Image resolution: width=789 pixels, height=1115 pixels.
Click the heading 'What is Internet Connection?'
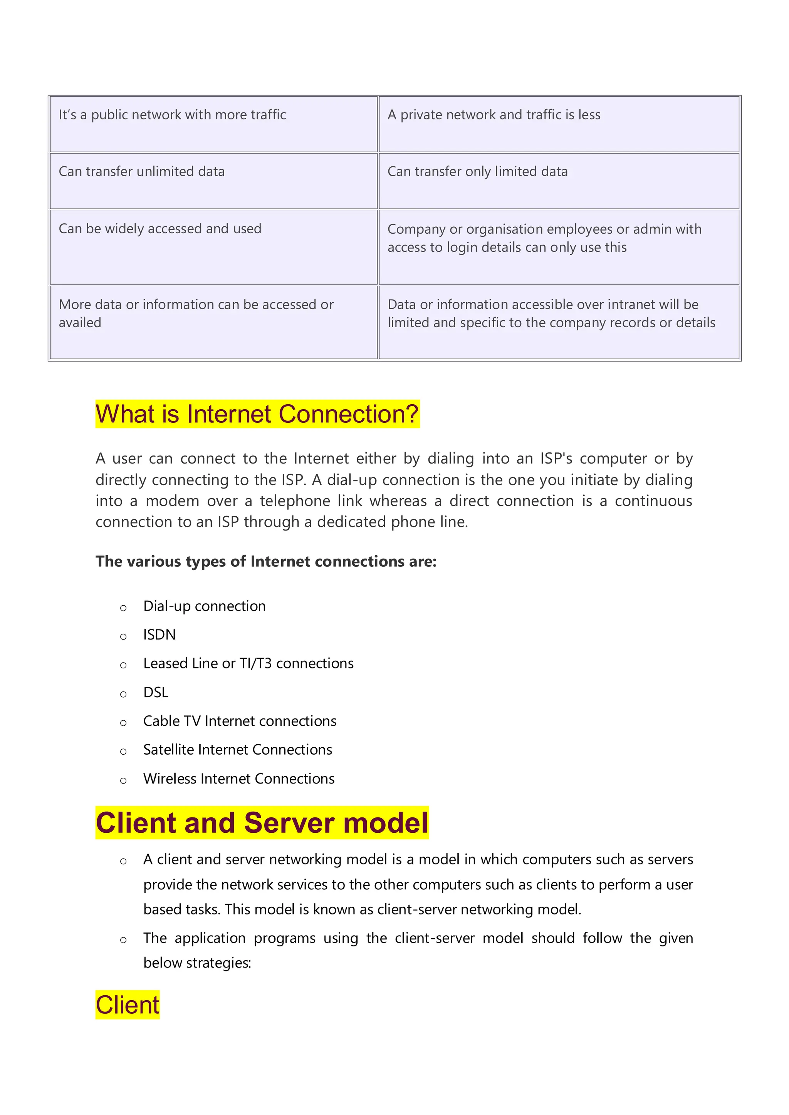click(257, 414)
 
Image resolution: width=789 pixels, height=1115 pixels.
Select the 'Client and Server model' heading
click(262, 823)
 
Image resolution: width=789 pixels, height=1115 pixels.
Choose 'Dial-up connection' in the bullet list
click(204, 606)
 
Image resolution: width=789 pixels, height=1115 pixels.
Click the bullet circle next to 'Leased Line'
click(123, 665)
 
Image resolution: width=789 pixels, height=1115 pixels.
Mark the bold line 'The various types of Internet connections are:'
click(266, 561)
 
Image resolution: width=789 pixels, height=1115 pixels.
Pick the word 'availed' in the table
click(80, 323)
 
